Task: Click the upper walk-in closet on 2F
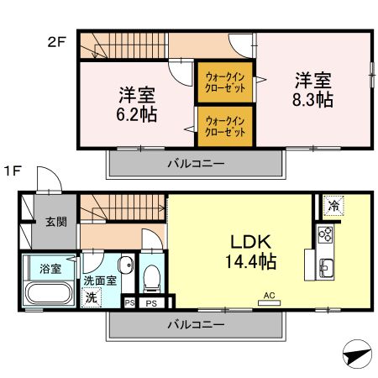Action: [x=225, y=82]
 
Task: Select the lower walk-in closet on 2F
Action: [x=225, y=127]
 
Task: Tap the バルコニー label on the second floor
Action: [x=194, y=163]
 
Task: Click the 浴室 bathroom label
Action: [x=50, y=269]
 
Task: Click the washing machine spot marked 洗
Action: [x=91, y=297]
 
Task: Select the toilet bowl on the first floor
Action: [x=152, y=275]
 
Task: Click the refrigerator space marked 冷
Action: [x=333, y=204]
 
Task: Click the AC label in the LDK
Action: [x=270, y=296]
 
